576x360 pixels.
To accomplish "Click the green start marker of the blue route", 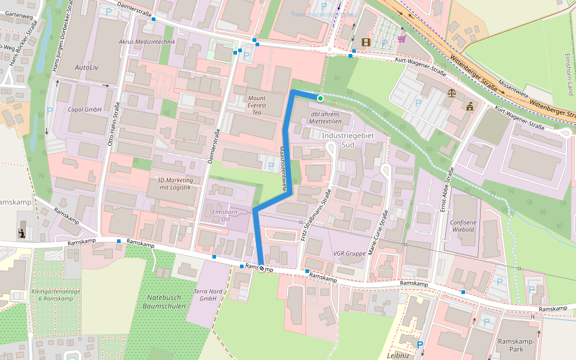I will click(x=320, y=98).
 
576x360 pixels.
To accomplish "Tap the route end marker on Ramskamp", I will click(x=262, y=268).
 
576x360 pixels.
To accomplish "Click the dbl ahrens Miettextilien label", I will click(x=326, y=118).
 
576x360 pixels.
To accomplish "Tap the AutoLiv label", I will click(x=86, y=67).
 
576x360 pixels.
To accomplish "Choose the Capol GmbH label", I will click(x=85, y=110).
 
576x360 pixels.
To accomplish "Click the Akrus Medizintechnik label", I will click(x=147, y=42).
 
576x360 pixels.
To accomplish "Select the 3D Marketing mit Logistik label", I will click(x=174, y=184).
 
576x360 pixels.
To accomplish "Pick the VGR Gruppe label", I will click(x=349, y=254).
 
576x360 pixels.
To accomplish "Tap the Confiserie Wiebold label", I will click(x=463, y=226).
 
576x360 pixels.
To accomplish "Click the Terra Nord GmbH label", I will click(x=208, y=295).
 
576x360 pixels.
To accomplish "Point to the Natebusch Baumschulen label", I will click(x=163, y=302).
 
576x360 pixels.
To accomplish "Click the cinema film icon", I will click(x=366, y=41).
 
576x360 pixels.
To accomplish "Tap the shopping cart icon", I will click(x=401, y=39).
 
